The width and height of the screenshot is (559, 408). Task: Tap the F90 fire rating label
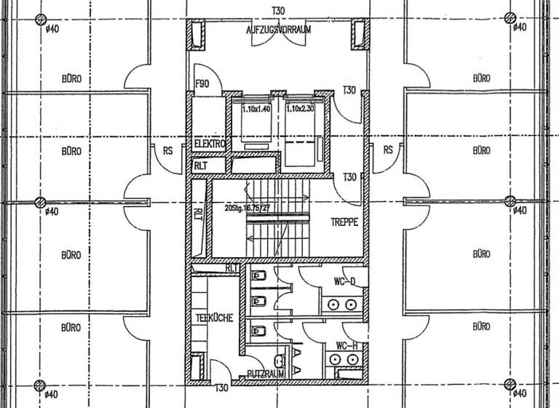click(x=202, y=85)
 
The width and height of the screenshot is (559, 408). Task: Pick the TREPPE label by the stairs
click(x=344, y=223)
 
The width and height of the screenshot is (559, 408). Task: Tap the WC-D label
click(x=346, y=281)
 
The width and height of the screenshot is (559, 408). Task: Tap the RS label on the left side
click(x=167, y=150)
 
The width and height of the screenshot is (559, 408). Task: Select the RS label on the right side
click(x=388, y=150)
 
